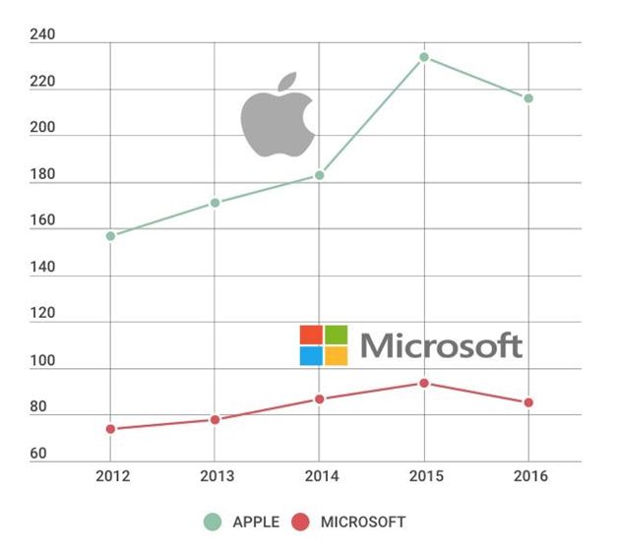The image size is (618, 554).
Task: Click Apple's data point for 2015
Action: pos(424,57)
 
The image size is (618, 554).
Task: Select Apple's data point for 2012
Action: pos(110,236)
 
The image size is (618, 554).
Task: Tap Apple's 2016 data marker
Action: pos(528,98)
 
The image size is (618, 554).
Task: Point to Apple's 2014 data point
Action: pos(320,175)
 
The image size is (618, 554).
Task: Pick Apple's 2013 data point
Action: pos(215,203)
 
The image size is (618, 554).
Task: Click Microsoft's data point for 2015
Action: pos(424,383)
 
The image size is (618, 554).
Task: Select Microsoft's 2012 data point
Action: pos(110,429)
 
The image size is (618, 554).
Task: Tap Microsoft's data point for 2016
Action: pos(528,402)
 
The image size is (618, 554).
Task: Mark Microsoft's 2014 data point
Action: pos(320,399)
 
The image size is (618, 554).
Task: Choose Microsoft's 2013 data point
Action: pos(215,420)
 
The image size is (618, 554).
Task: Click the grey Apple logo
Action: pos(278,114)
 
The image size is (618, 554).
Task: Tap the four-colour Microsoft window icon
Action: pos(324,345)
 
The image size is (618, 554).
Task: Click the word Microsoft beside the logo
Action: pos(441,345)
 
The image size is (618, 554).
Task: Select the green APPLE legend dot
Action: pos(213,522)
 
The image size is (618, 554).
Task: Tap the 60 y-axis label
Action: pos(38,455)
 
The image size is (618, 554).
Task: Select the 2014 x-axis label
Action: pos(320,476)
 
